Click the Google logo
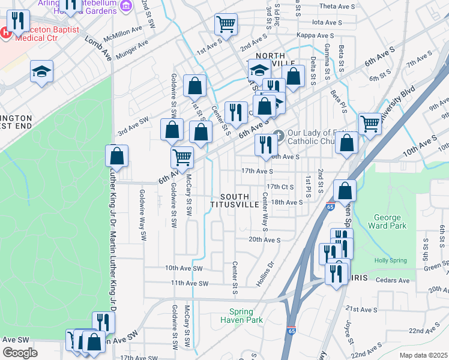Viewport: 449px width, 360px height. click(20, 353)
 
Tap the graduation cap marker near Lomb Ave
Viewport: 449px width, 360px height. click(42, 72)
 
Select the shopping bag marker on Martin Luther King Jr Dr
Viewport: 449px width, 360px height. click(116, 155)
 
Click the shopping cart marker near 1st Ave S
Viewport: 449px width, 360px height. click(226, 25)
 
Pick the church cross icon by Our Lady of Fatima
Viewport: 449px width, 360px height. click(277, 134)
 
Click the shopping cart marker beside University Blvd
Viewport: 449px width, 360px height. click(370, 124)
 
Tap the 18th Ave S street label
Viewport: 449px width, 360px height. click(286, 203)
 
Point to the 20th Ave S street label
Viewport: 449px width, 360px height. click(265, 240)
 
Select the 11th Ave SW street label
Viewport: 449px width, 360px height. click(189, 283)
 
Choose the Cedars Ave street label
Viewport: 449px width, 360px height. click(391, 280)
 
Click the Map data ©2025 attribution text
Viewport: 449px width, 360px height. click(423, 355)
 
